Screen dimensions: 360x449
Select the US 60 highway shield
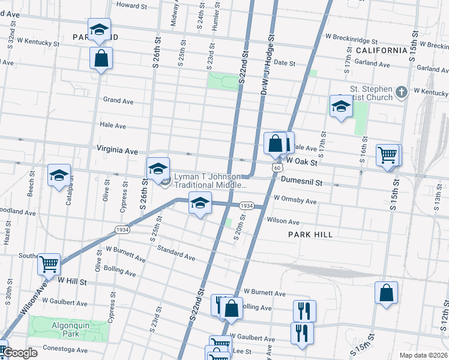coord(276,168)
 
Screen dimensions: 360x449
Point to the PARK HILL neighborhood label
coord(310,234)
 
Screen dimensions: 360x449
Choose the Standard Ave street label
coord(176,252)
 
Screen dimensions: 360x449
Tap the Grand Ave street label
coord(118,101)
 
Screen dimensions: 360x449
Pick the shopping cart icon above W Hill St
coord(49,263)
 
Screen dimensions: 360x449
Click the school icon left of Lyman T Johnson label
coord(158,169)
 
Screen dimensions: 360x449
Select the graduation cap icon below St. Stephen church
coord(341,106)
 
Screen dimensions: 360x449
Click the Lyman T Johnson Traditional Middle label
coord(210,181)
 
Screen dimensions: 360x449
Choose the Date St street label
coord(284,63)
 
